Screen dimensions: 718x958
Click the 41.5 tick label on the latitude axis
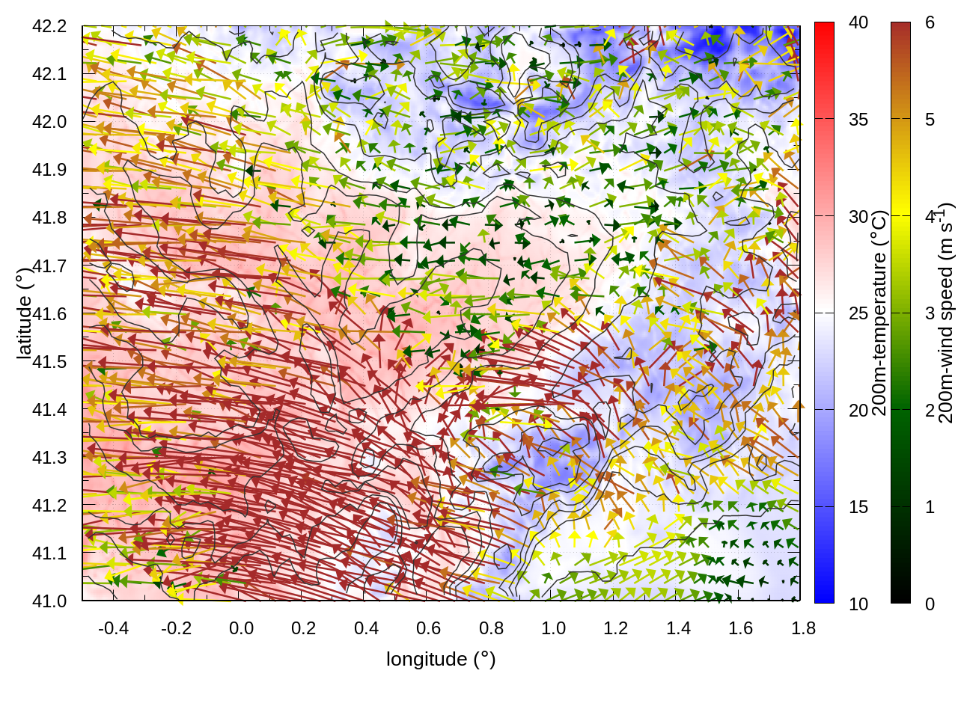pos(49,362)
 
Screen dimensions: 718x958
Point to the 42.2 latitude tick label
pos(49,26)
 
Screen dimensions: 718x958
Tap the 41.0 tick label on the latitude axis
pos(49,601)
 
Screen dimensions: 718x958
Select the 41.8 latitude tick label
pos(49,218)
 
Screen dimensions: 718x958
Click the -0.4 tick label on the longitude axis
pos(113,628)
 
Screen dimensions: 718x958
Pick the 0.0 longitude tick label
pos(241,628)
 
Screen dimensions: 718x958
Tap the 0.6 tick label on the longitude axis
pos(428,628)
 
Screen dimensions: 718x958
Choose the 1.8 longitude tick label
pos(803,628)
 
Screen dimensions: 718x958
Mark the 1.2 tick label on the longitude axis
pos(616,628)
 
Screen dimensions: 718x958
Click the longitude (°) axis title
pos(441,659)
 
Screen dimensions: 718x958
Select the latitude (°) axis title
pos(24,313)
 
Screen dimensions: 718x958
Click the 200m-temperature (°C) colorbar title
pos(880,313)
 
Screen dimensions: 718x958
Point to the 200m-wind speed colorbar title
pos(946,313)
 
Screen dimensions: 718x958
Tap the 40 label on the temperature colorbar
pos(858,23)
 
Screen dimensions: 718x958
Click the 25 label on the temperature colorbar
pos(858,313)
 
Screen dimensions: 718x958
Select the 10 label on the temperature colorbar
pos(858,604)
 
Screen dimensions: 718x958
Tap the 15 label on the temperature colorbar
pos(858,507)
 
